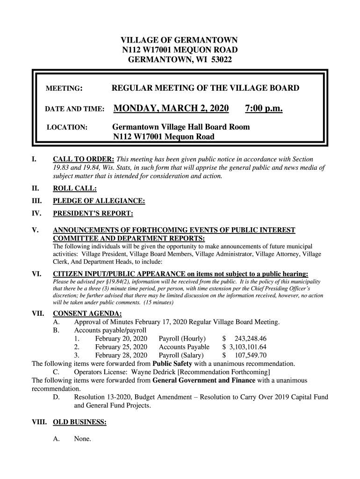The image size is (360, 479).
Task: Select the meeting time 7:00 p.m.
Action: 264,109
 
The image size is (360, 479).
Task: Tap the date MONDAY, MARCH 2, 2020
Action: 171,109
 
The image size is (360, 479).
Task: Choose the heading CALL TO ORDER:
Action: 84,160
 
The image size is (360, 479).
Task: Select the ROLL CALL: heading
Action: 75,189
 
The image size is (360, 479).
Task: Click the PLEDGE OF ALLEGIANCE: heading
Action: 99,201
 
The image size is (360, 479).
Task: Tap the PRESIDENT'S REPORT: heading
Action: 93,214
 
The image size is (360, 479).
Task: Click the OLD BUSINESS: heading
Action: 79,422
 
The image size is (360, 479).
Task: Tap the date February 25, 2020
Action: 121,347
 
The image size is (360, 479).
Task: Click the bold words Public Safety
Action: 173,364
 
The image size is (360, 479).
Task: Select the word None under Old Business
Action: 82,439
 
